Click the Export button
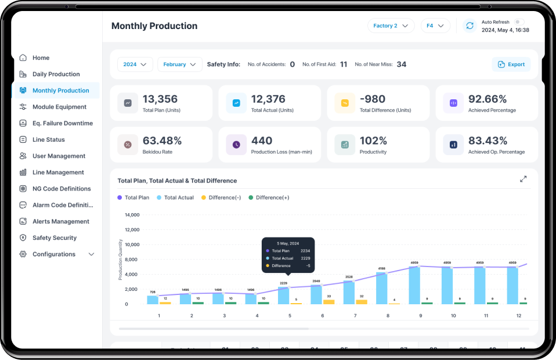pos(511,64)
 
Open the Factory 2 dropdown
pos(391,26)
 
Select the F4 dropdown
pos(435,26)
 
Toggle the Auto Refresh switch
pos(519,22)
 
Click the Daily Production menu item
pos(56,74)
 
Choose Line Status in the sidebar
pos(48,140)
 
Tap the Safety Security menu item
pos(54,238)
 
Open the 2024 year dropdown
pos(135,64)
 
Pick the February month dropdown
pos(179,64)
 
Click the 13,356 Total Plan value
pos(160,99)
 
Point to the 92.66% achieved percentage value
pos(488,99)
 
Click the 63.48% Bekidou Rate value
pos(162,141)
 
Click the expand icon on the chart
pos(523,179)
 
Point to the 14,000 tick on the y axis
pos(132,215)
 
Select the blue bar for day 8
pos(381,288)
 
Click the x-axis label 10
pos(453,315)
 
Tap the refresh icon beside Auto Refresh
pos(470,26)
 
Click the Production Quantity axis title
pos(121,260)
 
